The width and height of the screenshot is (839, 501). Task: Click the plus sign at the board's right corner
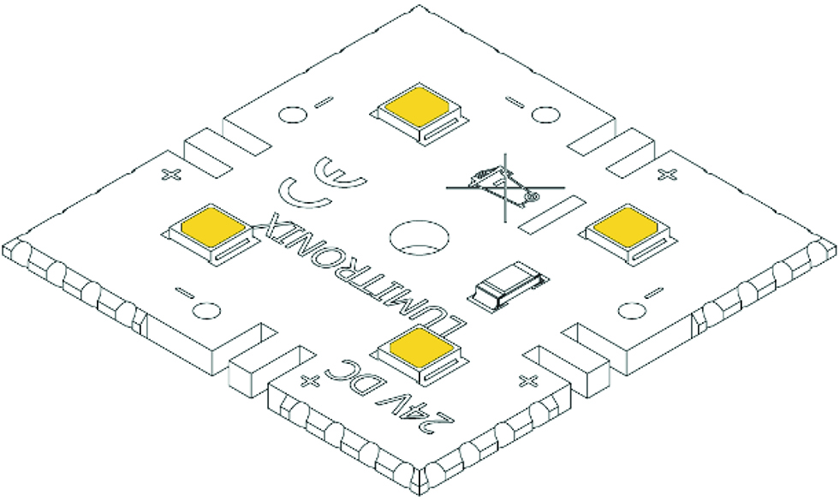669,175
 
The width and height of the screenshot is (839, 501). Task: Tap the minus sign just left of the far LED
324,104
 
